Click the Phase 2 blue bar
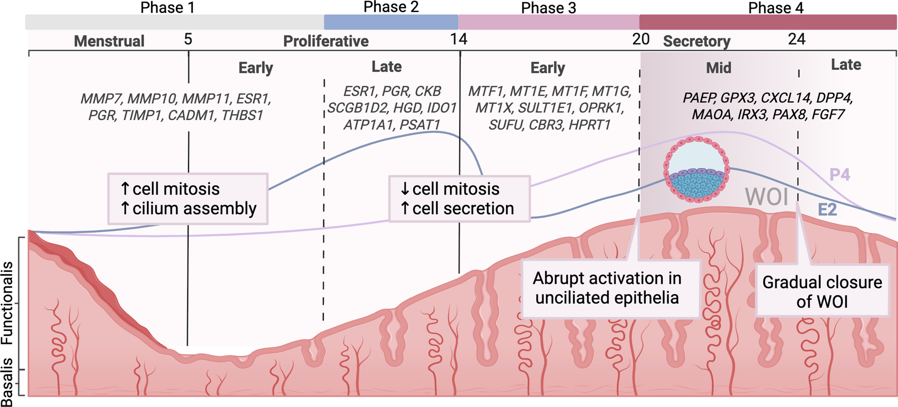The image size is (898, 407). tap(391, 22)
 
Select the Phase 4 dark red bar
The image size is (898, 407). tap(767, 22)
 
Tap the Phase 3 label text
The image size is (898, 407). tap(549, 7)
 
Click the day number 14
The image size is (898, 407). tap(459, 39)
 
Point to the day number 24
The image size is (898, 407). tap(796, 39)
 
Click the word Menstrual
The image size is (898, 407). tap(109, 41)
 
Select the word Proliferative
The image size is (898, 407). tap(326, 41)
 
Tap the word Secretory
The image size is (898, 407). tap(697, 41)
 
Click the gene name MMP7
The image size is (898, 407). tap(101, 99)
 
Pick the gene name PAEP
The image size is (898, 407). tap(699, 98)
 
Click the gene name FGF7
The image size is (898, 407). tap(828, 115)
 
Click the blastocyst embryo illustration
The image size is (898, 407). tap(697, 170)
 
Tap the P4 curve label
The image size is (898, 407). tap(839, 175)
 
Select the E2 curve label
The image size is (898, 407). tap(827, 210)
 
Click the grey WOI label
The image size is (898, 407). tap(767, 197)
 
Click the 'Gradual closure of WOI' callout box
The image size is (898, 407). tap(822, 291)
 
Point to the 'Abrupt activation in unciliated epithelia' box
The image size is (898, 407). tap(607, 288)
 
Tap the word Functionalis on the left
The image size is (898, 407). tap(7, 303)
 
